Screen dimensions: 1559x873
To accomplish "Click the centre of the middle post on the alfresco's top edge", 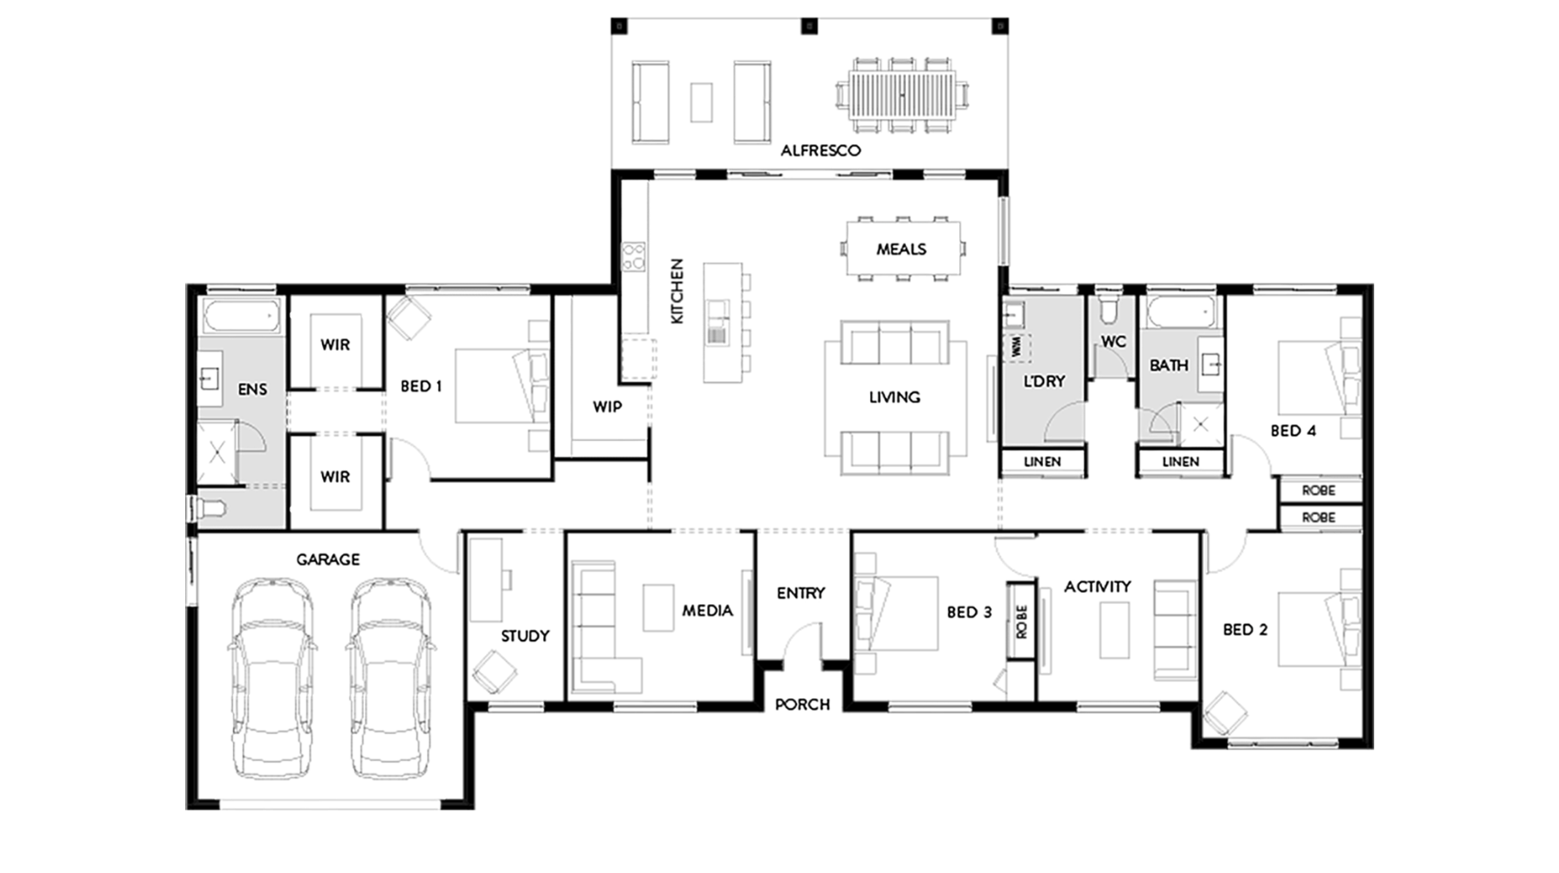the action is click(809, 26).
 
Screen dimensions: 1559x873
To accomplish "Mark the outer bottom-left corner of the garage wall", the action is click(187, 808).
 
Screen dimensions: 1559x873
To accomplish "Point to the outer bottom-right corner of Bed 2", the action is click(1372, 747).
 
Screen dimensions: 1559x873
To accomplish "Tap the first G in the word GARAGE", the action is click(302, 560).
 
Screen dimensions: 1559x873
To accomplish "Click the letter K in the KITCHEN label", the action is click(677, 318).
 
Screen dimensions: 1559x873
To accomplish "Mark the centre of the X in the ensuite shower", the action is click(216, 452).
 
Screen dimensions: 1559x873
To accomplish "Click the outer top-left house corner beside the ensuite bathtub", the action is click(187, 285).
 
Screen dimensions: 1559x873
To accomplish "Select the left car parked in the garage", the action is click(272, 678).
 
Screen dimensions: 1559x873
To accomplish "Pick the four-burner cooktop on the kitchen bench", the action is click(633, 257).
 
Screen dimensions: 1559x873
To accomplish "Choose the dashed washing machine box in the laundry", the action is click(1016, 347).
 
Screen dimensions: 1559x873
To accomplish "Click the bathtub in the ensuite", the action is click(241, 315).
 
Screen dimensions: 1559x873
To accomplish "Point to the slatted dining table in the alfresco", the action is click(903, 95).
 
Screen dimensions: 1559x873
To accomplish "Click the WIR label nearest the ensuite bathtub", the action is click(335, 345).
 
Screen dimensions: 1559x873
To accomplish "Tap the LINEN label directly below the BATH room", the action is click(1180, 462).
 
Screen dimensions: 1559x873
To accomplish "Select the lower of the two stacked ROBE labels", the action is click(1318, 518).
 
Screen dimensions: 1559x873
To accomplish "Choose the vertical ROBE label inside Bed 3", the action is click(1021, 622).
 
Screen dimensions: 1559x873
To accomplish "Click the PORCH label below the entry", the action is click(802, 705).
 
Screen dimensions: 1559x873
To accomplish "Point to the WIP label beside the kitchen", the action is click(608, 407).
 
